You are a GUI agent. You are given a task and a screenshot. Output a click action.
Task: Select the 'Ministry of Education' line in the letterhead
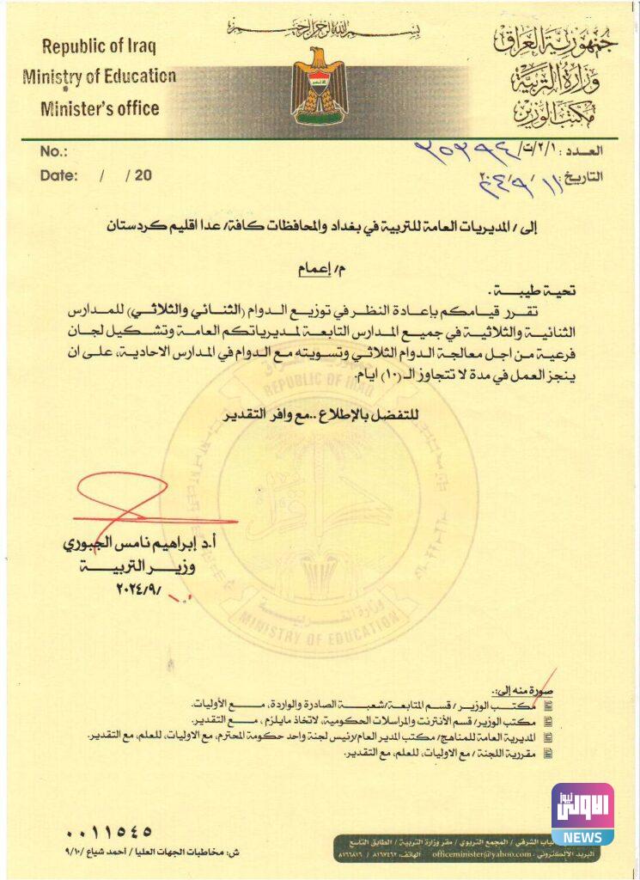[100, 76]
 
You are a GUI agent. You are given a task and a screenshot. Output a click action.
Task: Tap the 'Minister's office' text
[100, 108]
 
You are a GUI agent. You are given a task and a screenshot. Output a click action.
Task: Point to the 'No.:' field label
[53, 152]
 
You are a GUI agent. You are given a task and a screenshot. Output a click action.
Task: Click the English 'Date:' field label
[58, 175]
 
